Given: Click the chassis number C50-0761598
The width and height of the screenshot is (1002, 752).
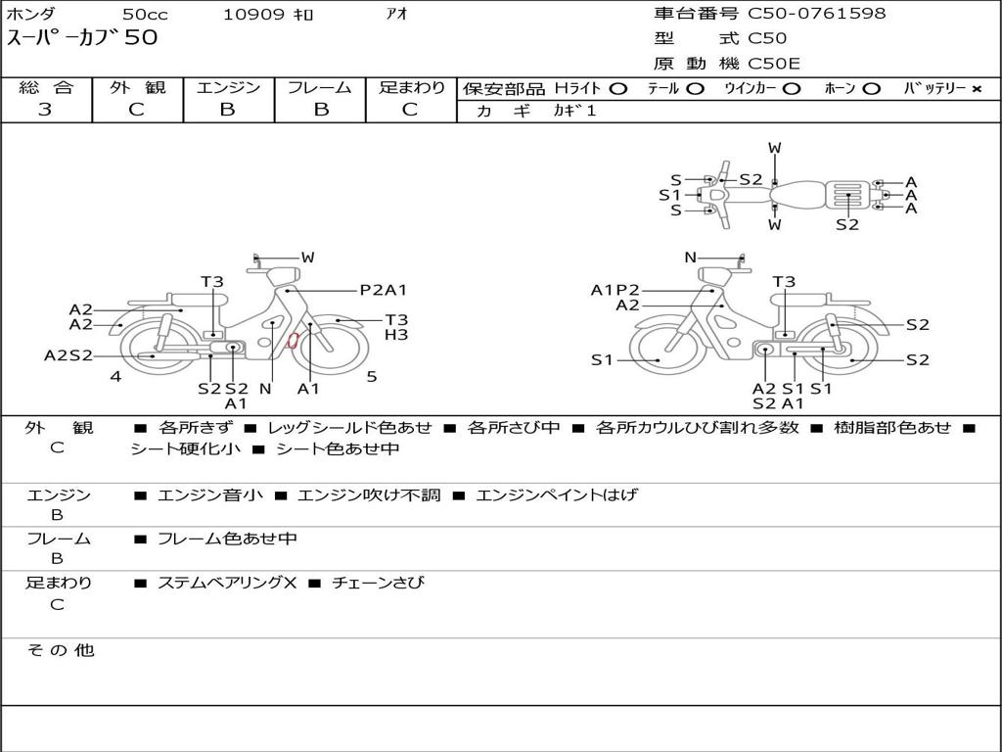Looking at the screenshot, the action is pyautogui.click(x=817, y=14).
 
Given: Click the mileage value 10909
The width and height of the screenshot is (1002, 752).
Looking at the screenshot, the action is pyautogui.click(x=253, y=15).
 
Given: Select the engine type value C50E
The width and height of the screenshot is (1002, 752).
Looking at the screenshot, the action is pyautogui.click(x=774, y=64).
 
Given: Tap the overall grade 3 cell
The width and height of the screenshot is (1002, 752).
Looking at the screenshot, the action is pyautogui.click(x=46, y=110).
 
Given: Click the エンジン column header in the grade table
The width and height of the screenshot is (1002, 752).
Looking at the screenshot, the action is pyautogui.click(x=228, y=87).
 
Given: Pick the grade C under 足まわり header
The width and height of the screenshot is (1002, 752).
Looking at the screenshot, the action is pyautogui.click(x=410, y=110).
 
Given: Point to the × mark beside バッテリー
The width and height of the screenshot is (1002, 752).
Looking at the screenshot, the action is pyautogui.click(x=976, y=88).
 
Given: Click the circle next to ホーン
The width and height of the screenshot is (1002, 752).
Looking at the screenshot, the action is pyautogui.click(x=871, y=88).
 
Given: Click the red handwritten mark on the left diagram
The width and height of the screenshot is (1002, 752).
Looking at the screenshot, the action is pyautogui.click(x=292, y=341).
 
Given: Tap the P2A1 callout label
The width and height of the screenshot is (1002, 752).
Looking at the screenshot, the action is pyautogui.click(x=383, y=290).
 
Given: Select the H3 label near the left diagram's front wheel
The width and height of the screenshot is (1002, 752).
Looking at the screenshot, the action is pyautogui.click(x=395, y=335).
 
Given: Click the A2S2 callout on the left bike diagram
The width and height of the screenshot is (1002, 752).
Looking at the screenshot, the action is pyautogui.click(x=68, y=355).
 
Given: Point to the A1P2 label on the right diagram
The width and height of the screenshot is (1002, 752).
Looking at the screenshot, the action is pyautogui.click(x=615, y=290).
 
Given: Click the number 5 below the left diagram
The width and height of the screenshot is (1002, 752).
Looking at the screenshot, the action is pyautogui.click(x=372, y=376).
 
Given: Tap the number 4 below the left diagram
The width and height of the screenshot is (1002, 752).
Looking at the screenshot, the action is pyautogui.click(x=115, y=376).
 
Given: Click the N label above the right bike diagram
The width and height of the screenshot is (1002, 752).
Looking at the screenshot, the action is pyautogui.click(x=690, y=258).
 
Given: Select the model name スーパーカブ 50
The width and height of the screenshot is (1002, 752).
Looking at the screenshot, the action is pyautogui.click(x=82, y=39).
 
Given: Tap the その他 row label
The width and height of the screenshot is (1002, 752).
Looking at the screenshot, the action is pyautogui.click(x=60, y=650).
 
